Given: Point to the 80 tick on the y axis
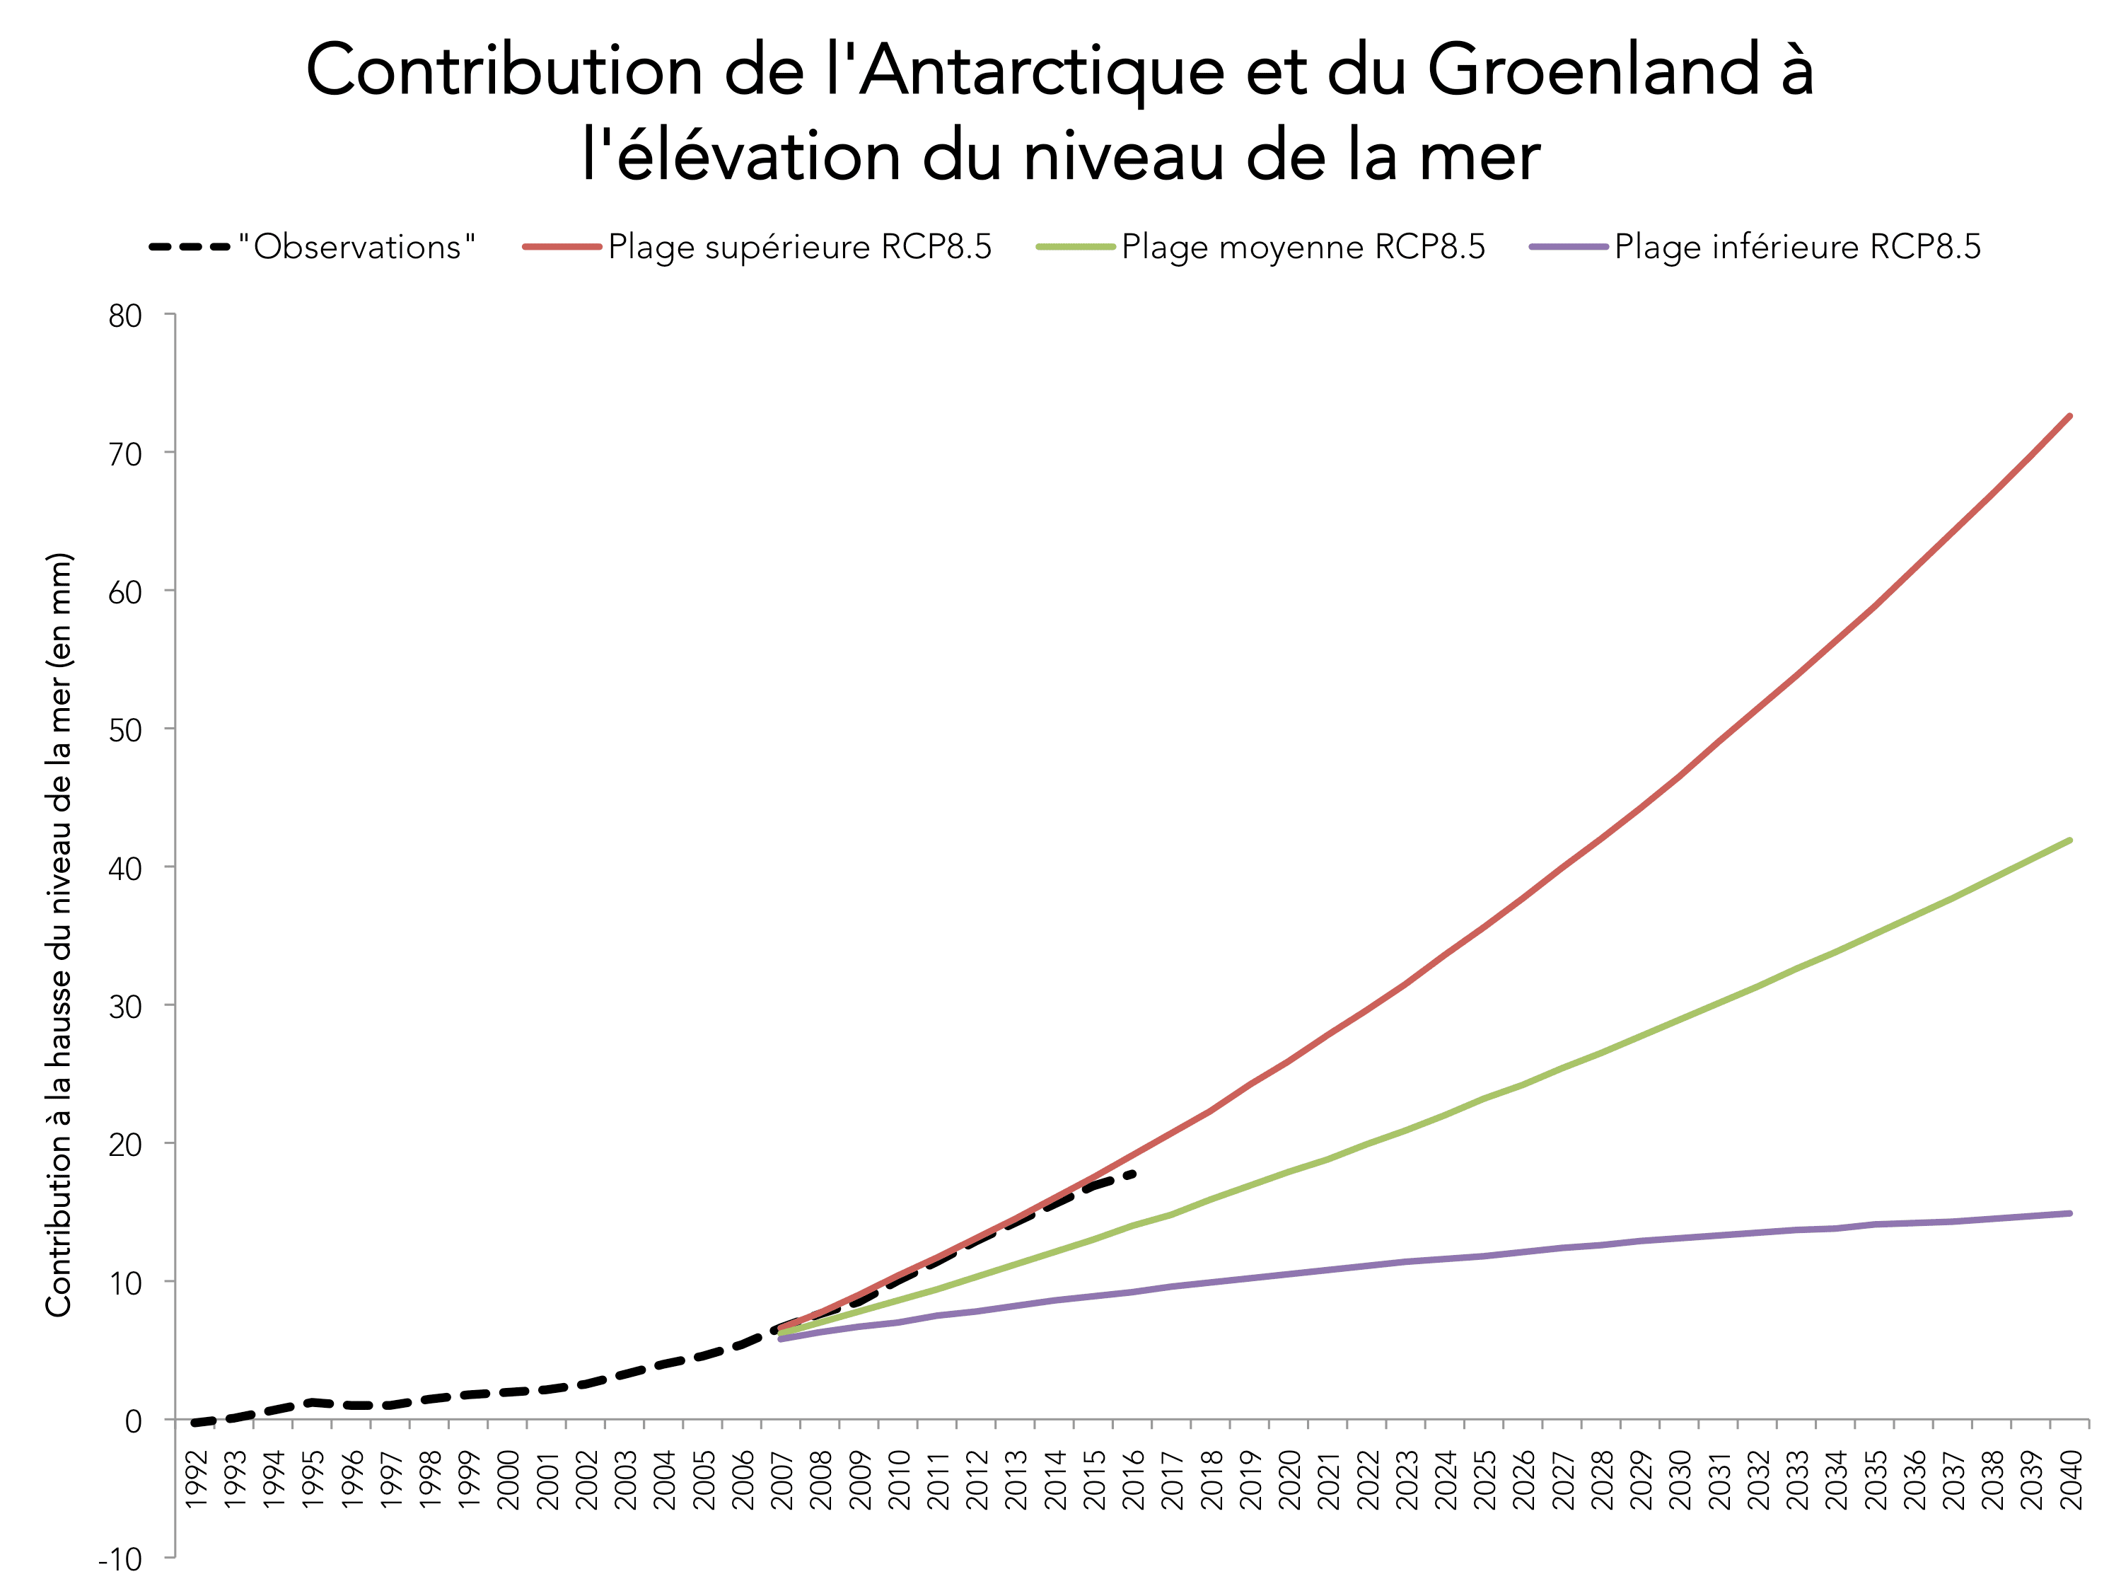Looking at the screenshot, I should coord(126,316).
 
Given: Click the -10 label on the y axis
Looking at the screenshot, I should coord(120,1559).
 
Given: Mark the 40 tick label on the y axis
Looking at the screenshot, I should coord(126,869).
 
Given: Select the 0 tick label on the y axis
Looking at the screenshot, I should coord(133,1421).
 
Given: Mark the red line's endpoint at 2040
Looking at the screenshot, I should coord(2070,416).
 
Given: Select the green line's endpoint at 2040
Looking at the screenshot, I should coord(2070,840).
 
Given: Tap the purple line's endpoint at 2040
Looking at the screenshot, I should coord(2070,1213).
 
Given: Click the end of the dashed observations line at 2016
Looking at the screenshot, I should coord(1134,1173).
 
